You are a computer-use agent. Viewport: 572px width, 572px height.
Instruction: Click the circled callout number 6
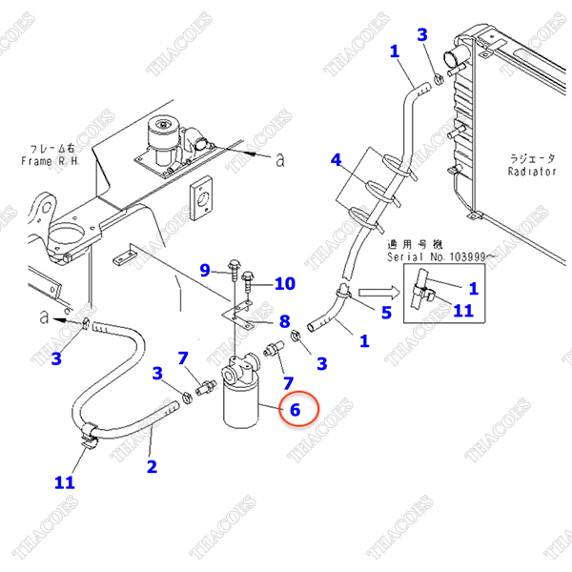(295, 410)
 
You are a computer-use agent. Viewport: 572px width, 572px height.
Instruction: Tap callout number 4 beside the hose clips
(335, 159)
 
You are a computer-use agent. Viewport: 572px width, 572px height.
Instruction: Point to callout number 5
(386, 311)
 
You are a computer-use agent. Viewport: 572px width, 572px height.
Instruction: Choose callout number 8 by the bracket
(283, 320)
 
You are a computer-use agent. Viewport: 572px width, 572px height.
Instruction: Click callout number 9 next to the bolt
(204, 270)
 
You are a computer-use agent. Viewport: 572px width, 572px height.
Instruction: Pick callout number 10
(285, 283)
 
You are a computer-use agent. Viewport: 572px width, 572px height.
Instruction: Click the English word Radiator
(531, 172)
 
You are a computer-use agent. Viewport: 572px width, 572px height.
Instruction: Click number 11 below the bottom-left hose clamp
(64, 482)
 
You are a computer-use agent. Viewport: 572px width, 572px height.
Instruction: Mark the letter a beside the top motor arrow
(279, 161)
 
